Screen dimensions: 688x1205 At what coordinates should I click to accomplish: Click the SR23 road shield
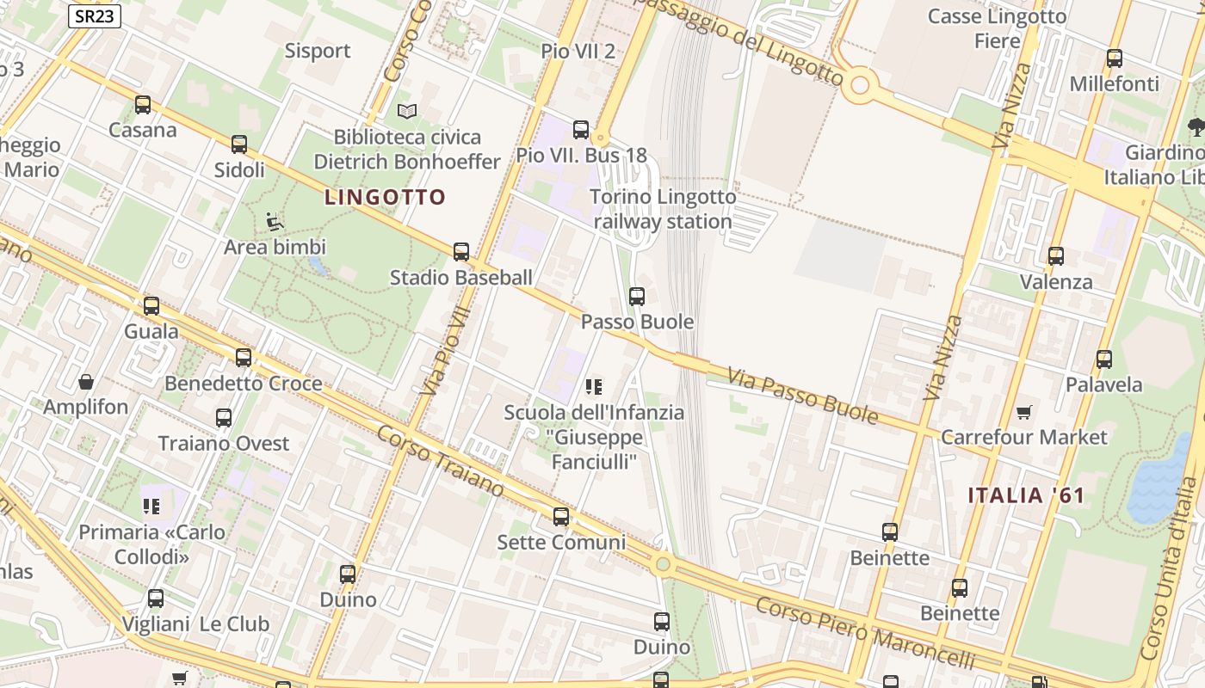pyautogui.click(x=95, y=16)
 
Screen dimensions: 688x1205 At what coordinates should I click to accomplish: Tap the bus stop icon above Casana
pyautogui.click(x=143, y=105)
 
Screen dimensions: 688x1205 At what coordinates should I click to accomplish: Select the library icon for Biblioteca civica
pyautogui.click(x=407, y=111)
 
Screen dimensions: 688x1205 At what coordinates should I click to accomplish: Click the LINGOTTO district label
pyautogui.click(x=385, y=197)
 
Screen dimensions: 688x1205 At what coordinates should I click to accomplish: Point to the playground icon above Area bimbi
pyautogui.click(x=275, y=222)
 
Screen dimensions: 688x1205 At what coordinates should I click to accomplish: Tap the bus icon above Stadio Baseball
pyautogui.click(x=461, y=252)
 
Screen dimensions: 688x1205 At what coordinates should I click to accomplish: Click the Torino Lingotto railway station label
pyautogui.click(x=663, y=209)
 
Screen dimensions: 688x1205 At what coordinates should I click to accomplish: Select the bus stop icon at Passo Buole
pyautogui.click(x=637, y=297)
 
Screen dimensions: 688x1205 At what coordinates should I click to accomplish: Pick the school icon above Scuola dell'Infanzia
pyautogui.click(x=594, y=387)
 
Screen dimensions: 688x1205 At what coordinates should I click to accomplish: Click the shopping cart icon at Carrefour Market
pyautogui.click(x=1023, y=412)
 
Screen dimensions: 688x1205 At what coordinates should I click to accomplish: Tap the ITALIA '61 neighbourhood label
pyautogui.click(x=1026, y=495)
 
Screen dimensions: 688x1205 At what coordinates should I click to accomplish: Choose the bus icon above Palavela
pyautogui.click(x=1104, y=359)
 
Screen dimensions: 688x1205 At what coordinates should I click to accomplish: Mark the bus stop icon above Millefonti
pyautogui.click(x=1115, y=58)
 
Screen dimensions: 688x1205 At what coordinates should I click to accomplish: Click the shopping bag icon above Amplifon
pyautogui.click(x=86, y=382)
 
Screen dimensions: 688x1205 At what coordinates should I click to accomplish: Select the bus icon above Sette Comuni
pyautogui.click(x=561, y=517)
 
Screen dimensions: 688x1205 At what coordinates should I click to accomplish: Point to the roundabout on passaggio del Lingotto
pyautogui.click(x=859, y=85)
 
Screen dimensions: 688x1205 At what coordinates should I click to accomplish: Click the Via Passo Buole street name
pyautogui.click(x=802, y=396)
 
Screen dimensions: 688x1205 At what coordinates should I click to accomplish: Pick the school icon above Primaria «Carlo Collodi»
pyautogui.click(x=152, y=507)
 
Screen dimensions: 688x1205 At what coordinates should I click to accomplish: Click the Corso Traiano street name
pyautogui.click(x=440, y=460)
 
